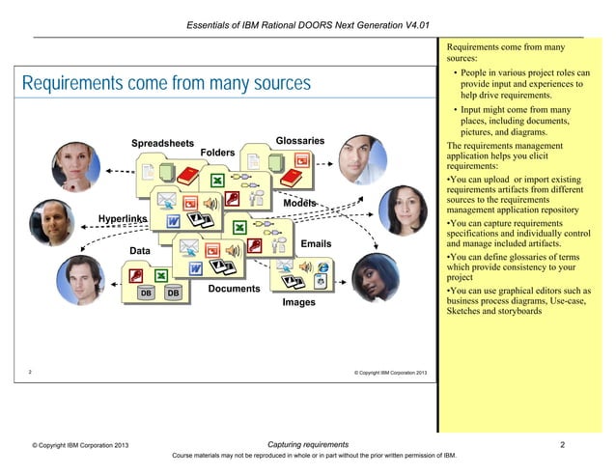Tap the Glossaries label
(x=299, y=141)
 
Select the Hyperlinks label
(x=122, y=218)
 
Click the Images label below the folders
(x=298, y=303)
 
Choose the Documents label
(x=234, y=289)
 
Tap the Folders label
(x=217, y=153)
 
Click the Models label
(x=299, y=205)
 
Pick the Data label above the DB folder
(x=142, y=251)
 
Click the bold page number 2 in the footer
(x=562, y=445)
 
